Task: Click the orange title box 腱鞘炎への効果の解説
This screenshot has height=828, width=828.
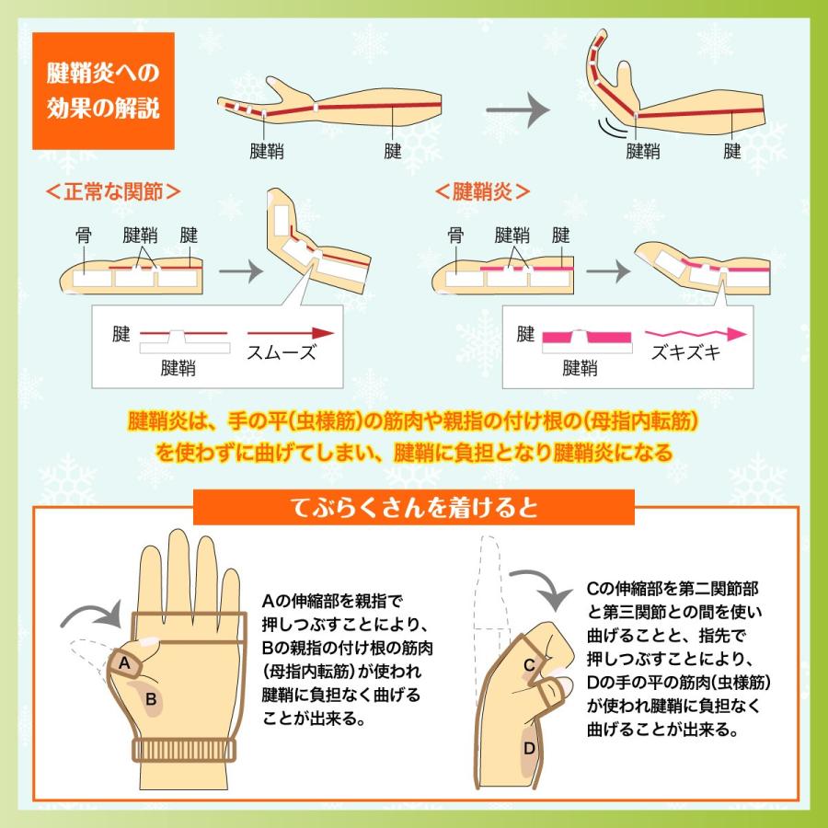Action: click(x=103, y=91)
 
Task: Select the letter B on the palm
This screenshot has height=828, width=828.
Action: click(x=151, y=700)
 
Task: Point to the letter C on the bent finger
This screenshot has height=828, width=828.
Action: click(x=530, y=664)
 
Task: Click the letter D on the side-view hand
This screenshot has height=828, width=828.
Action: click(x=529, y=748)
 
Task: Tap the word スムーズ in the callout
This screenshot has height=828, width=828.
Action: click(x=280, y=351)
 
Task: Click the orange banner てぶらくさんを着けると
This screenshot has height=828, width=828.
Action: click(x=414, y=507)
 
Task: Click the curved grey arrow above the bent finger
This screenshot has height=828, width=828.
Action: click(x=543, y=587)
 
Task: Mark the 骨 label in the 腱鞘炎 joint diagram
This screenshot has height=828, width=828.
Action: click(x=454, y=236)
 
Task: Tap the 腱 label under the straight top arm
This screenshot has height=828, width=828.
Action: click(x=394, y=151)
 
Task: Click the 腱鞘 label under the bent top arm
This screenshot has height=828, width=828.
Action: click(x=642, y=151)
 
